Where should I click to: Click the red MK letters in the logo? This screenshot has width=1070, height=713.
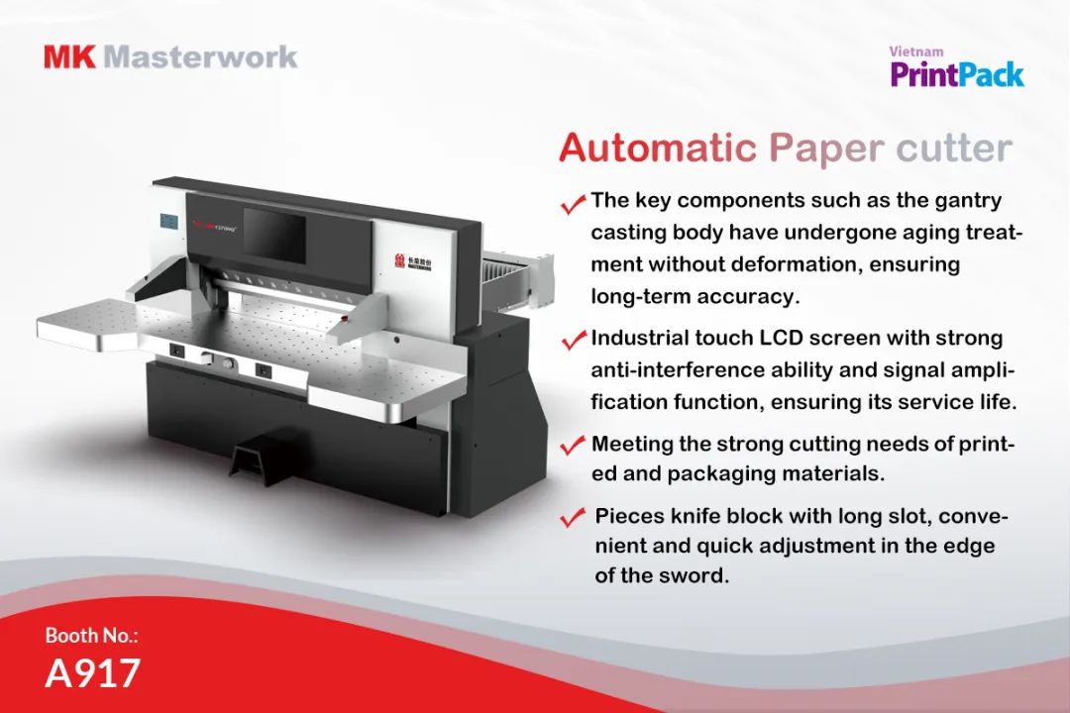[69, 55]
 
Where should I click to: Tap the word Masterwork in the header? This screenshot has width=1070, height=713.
[200, 55]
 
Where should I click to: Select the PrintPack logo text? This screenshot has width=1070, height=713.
[956, 74]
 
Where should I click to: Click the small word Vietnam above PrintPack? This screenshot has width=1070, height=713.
[915, 51]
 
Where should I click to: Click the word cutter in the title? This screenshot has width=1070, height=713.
[953, 149]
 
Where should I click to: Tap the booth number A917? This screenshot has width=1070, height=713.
[92, 672]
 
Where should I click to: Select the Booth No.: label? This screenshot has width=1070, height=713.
[91, 635]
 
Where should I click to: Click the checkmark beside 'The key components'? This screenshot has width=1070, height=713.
[573, 204]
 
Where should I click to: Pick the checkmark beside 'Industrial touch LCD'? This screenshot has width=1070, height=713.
[573, 341]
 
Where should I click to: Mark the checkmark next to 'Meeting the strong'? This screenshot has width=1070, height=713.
[573, 445]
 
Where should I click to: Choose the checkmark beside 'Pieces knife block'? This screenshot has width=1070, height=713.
[573, 518]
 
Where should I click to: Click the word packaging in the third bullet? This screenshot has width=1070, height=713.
[724, 473]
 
